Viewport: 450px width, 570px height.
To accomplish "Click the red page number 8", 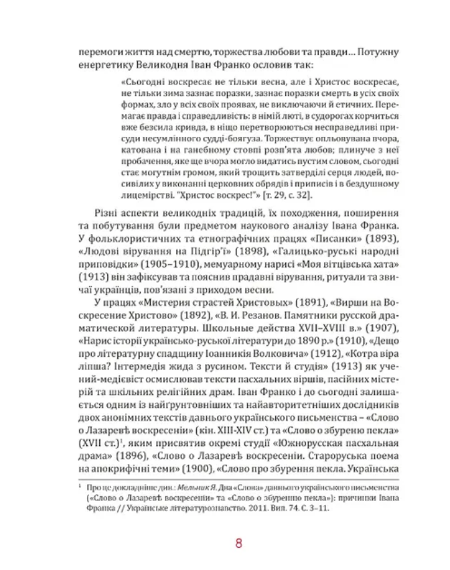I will [x=238, y=543].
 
